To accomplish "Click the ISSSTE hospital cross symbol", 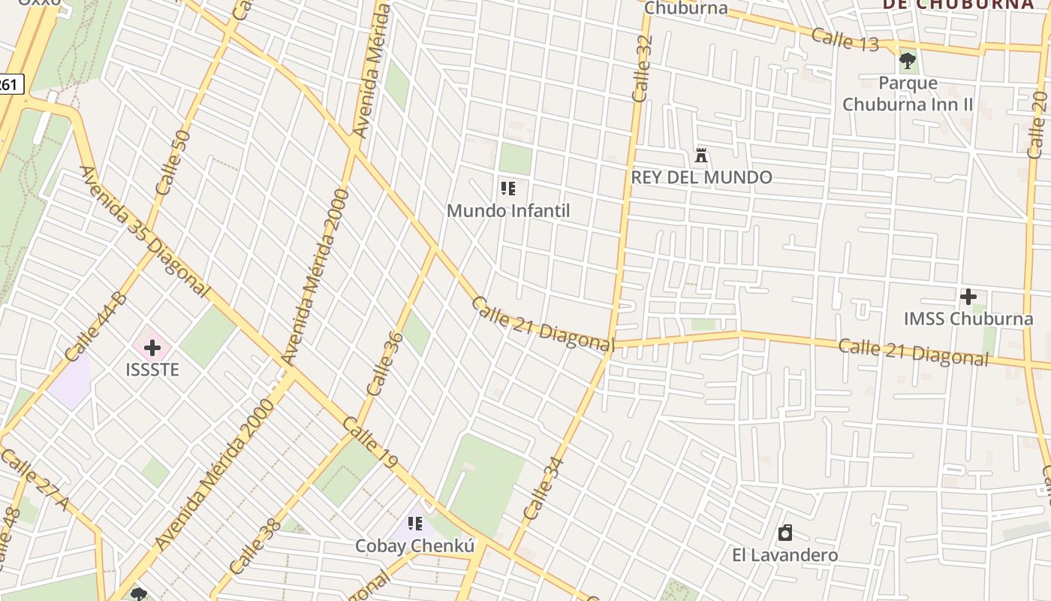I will coord(152,348).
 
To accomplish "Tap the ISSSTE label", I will coord(152,370).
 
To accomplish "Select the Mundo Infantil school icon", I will coord(508,189).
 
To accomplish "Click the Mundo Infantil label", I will coord(508,210).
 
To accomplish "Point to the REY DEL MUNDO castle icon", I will coord(701,156).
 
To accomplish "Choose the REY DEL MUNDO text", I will coord(701,177).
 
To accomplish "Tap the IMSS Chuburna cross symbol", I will coord(968,297).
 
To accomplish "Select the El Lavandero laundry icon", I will coord(785,533).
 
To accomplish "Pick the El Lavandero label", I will coord(785,555).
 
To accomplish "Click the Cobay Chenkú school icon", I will coord(414,524).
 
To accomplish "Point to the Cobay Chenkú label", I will coord(414,546).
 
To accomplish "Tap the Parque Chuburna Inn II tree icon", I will coord(907,60).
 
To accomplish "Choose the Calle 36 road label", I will coord(385,364).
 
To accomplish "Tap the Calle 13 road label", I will coord(845,39).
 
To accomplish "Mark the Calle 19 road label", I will coord(369,444).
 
